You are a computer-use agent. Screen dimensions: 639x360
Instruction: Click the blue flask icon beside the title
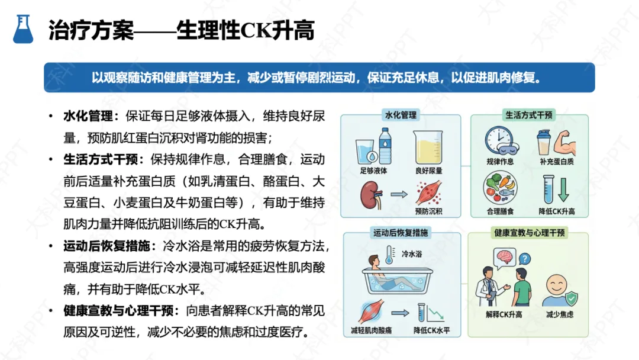23,29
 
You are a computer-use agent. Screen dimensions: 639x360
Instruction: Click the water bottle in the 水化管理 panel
385,146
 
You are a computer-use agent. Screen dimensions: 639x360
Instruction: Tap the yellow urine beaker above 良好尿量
428,147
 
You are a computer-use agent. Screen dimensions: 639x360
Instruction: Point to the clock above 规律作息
499,140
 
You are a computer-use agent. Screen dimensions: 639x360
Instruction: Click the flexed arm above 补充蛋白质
564,142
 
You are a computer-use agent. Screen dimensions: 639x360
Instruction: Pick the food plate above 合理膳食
501,188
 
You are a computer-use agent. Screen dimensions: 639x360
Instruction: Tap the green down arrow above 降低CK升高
564,189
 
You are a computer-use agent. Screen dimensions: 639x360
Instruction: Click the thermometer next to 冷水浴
389,255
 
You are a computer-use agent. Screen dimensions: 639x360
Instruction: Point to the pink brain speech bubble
505,257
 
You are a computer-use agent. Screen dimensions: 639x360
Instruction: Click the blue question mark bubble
525,259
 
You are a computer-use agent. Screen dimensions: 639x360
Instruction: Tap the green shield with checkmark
572,298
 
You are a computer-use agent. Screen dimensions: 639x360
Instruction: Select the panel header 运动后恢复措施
401,233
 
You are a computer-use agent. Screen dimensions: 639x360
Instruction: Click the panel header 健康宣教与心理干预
530,233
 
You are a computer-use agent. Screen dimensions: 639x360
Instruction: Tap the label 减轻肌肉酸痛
371,330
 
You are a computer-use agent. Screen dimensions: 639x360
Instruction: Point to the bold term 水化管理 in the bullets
88,116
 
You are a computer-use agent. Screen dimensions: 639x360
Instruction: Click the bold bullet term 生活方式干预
100,159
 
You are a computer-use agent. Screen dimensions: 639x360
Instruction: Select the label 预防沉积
428,211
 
